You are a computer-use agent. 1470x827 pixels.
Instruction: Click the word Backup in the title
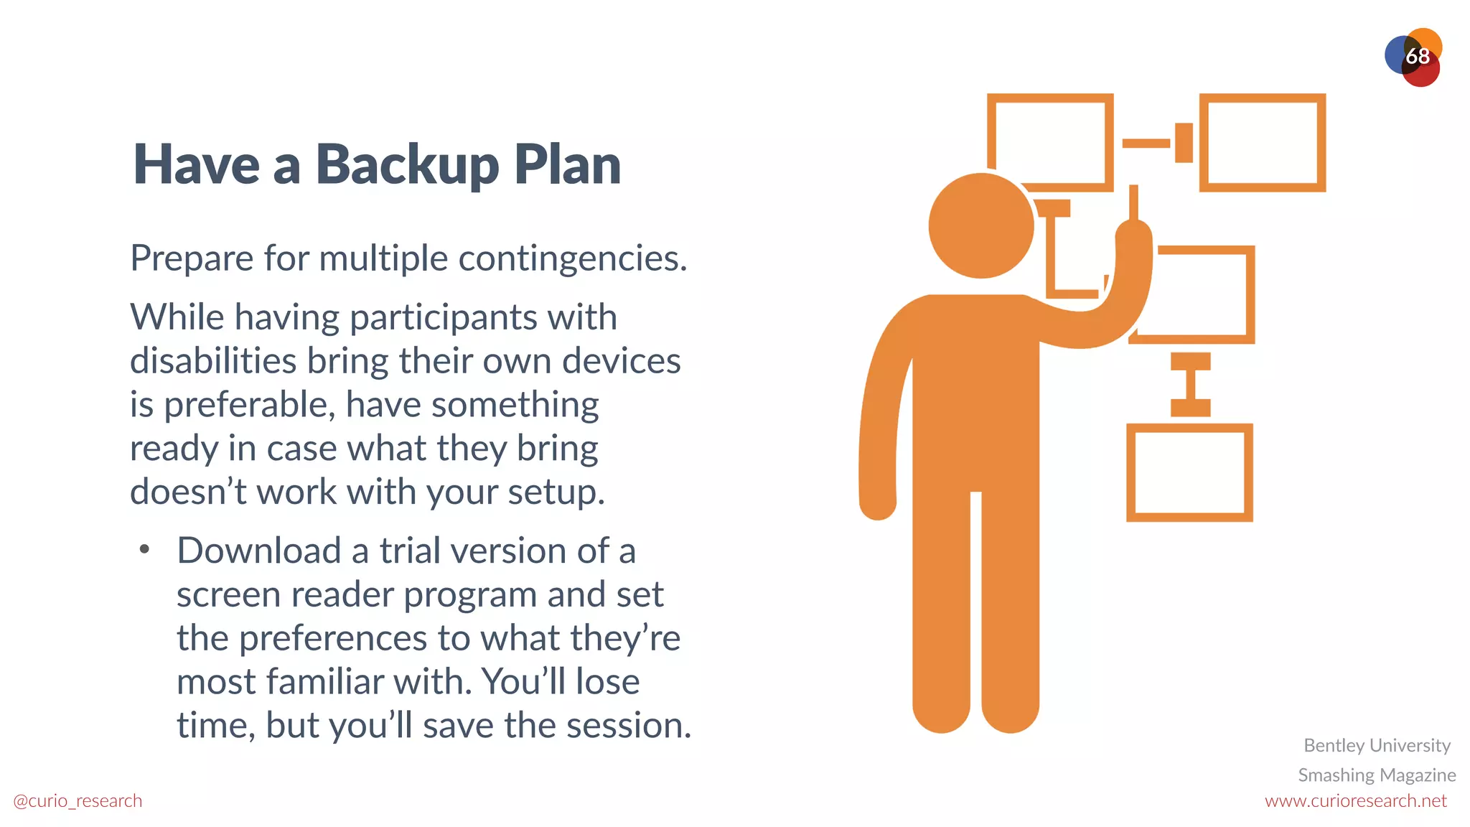coord(407,165)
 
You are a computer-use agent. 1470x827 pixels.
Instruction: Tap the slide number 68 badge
coord(1416,56)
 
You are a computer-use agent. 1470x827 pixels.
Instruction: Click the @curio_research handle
coord(78,800)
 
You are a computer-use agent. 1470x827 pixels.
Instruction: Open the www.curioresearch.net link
coord(1355,800)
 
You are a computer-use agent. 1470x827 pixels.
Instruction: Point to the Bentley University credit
coord(1377,745)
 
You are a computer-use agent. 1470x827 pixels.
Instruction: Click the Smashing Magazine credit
coord(1377,775)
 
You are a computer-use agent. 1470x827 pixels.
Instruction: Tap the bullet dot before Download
coord(145,550)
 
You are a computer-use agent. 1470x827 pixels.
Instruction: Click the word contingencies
coord(573,258)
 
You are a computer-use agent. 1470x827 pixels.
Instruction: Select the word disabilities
coord(212,360)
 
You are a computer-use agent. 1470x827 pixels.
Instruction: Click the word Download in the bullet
coord(258,551)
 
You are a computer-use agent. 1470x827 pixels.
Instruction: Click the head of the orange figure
coord(980,225)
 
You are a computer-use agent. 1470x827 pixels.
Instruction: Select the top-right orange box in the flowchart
coord(1262,142)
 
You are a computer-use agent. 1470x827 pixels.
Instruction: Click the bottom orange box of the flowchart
coord(1189,472)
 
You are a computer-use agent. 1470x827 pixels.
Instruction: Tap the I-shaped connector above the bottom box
coord(1190,384)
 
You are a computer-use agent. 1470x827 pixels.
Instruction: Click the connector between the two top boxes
coord(1157,142)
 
